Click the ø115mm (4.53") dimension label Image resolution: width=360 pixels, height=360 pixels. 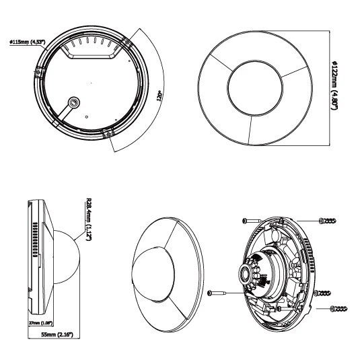(x=28, y=42)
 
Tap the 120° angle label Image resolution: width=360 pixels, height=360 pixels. (x=159, y=96)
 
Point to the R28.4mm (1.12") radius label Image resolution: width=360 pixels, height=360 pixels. (x=88, y=219)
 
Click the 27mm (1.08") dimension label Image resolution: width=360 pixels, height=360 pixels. (x=40, y=323)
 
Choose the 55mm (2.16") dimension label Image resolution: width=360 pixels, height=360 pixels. (x=57, y=334)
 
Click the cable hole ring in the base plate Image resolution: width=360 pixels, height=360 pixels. (x=74, y=102)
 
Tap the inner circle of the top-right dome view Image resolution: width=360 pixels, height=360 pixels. (x=255, y=87)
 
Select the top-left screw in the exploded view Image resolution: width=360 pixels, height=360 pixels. (x=252, y=221)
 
